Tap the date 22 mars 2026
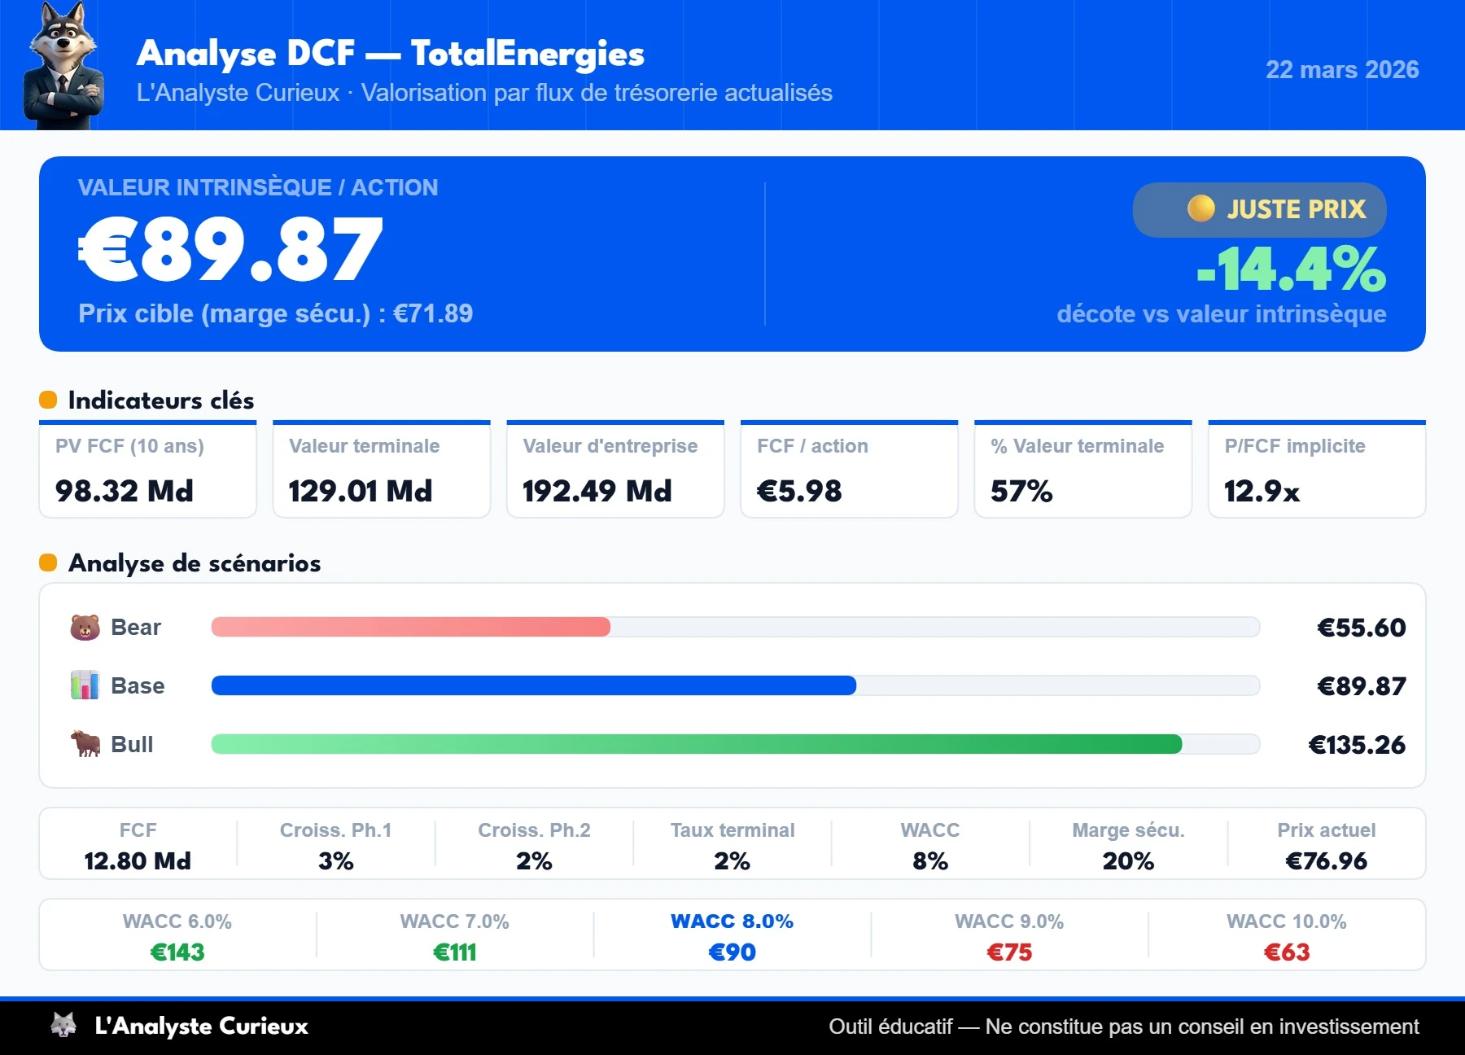pos(1341,70)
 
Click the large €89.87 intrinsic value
pos(230,250)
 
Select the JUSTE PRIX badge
pos(1259,209)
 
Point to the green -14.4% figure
pos(1292,269)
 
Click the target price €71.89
pos(432,313)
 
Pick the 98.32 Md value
pos(125,491)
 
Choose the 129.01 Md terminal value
pos(360,491)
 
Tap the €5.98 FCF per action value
pos(799,491)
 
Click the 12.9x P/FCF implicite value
pos(1262,491)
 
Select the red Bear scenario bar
pos(410,627)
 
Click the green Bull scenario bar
pos(696,744)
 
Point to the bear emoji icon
pos(85,628)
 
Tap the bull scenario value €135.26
pos(1357,745)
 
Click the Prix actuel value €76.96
pos(1326,860)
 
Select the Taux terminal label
pos(732,830)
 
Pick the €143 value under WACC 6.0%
pos(177,952)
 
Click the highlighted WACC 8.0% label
pos(732,921)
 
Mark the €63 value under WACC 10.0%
pos(1286,952)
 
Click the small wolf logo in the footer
pos(63,1025)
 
